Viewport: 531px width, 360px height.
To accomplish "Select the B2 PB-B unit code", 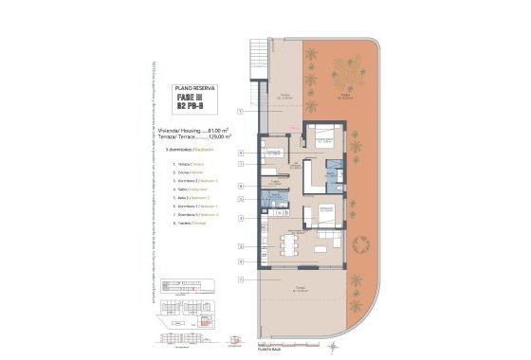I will (x=189, y=107).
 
